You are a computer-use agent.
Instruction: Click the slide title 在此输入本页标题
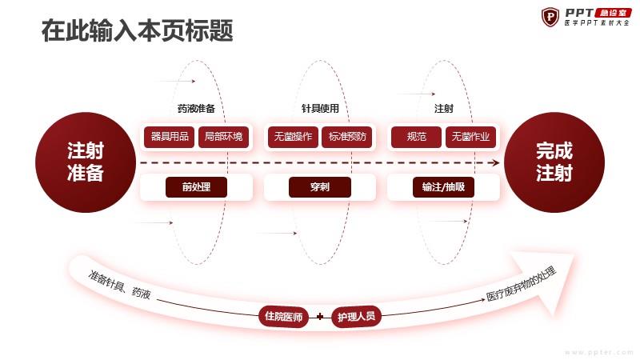tap(137, 30)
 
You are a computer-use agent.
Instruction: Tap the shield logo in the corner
tap(550, 17)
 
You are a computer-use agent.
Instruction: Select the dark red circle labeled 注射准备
tap(86, 162)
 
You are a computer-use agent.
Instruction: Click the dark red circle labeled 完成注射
tap(554, 162)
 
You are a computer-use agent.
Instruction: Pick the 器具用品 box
tap(169, 137)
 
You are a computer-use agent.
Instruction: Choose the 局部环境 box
tap(223, 137)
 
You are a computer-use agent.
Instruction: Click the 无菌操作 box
tap(293, 137)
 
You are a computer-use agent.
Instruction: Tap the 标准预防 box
tap(347, 137)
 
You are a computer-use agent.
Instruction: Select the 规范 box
tap(416, 137)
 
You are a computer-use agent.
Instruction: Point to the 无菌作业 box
tap(470, 137)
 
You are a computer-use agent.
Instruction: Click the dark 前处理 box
tap(196, 187)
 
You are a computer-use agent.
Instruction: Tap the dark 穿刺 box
tap(319, 187)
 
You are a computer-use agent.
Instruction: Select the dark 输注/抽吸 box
tap(443, 187)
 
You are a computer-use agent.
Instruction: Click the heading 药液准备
tap(196, 109)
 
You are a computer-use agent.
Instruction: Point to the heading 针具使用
tap(320, 109)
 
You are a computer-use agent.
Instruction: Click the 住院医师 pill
tap(284, 316)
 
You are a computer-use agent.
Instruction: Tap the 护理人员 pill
tap(356, 316)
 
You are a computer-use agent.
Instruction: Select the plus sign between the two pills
tap(320, 316)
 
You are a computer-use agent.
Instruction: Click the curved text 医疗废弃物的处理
tap(522, 284)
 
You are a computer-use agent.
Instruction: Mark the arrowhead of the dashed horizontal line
tap(496, 163)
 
